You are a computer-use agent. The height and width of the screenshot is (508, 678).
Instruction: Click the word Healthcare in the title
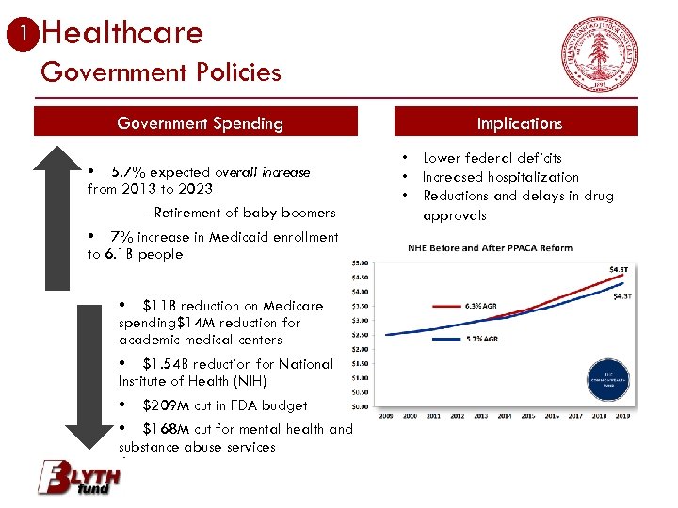[122, 34]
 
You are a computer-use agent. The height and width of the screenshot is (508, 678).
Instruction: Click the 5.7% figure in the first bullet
[127, 172]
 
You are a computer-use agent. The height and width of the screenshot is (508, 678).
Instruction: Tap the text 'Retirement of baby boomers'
[245, 213]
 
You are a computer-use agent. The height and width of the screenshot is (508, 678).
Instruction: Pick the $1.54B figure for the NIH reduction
[164, 364]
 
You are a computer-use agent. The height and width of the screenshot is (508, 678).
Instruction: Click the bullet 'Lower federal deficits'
[492, 158]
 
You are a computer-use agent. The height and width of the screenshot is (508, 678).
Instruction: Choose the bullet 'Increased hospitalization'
[500, 177]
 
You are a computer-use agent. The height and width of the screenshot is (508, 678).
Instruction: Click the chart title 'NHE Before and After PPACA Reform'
[490, 248]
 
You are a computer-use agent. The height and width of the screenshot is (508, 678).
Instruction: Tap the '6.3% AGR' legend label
[481, 306]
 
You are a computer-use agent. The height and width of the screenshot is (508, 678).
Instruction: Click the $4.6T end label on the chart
[619, 269]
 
